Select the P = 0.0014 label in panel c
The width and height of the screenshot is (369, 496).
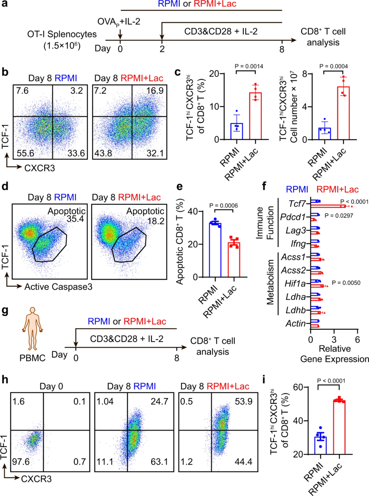[249, 66]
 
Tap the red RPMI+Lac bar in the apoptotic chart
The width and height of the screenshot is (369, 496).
[234, 260]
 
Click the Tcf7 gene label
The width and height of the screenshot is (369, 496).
[297, 204]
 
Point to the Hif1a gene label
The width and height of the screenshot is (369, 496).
[295, 284]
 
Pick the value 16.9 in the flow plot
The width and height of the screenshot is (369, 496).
[155, 91]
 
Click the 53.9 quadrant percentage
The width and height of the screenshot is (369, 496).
[243, 401]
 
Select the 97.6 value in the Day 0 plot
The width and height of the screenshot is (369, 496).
[21, 462]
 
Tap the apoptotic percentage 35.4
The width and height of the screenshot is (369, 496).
[75, 219]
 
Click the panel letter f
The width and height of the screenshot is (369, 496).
[264, 186]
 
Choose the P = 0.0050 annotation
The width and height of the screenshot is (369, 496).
[346, 283]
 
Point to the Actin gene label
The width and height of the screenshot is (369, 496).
[296, 323]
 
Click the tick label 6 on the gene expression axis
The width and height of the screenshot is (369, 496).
[357, 340]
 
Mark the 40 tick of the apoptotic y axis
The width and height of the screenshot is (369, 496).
[193, 212]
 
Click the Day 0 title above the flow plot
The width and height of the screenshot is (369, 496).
[51, 387]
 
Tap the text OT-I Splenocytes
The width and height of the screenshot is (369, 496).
[62, 34]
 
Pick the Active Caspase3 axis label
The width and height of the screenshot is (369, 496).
[58, 287]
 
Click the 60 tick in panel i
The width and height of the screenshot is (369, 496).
[298, 387]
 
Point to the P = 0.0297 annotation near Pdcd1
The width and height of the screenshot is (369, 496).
[339, 216]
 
